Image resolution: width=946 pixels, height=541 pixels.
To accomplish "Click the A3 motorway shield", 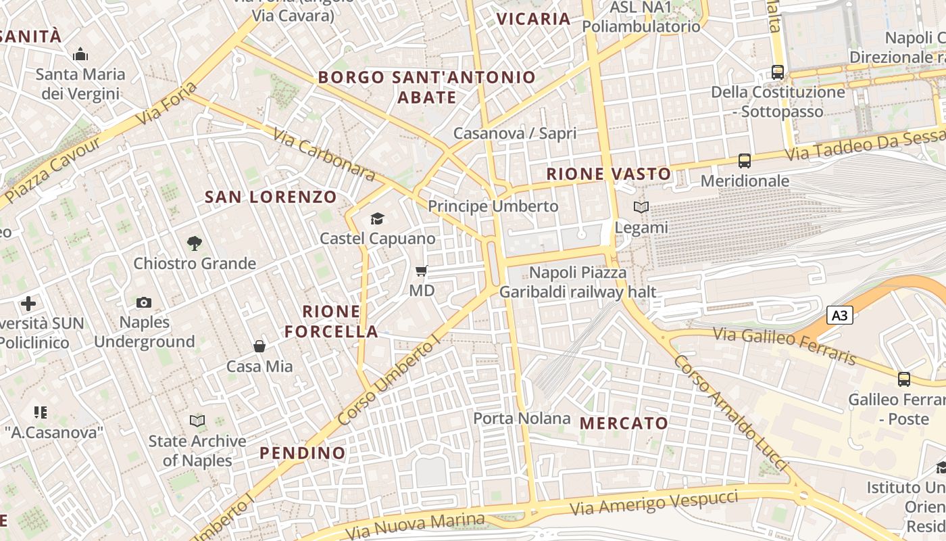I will point(839,315).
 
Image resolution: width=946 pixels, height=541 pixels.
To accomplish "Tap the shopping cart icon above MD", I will point(421,271).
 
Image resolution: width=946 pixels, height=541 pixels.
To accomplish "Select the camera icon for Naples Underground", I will point(143,302).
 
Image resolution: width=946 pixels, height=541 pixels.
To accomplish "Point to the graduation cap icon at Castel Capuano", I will point(377,218).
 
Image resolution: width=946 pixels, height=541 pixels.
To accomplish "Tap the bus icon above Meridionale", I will point(744,161).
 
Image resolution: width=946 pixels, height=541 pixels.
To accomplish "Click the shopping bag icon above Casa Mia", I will point(259,346).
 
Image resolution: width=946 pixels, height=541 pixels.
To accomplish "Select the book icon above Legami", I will point(641,208).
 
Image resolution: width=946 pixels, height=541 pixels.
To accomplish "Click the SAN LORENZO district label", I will point(270,197).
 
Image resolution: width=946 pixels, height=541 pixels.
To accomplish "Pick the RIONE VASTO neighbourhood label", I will point(608,174).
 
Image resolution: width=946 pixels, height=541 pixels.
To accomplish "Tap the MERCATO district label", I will point(624,423).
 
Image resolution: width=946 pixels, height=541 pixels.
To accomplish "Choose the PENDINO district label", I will point(302,452).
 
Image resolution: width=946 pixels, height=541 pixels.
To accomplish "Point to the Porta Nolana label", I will point(522,419).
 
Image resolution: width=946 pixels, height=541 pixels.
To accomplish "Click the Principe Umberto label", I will point(493,206).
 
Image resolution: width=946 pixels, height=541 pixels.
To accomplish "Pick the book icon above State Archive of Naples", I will point(197,421).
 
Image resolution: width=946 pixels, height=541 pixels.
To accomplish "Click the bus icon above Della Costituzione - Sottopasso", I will point(778,72).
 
